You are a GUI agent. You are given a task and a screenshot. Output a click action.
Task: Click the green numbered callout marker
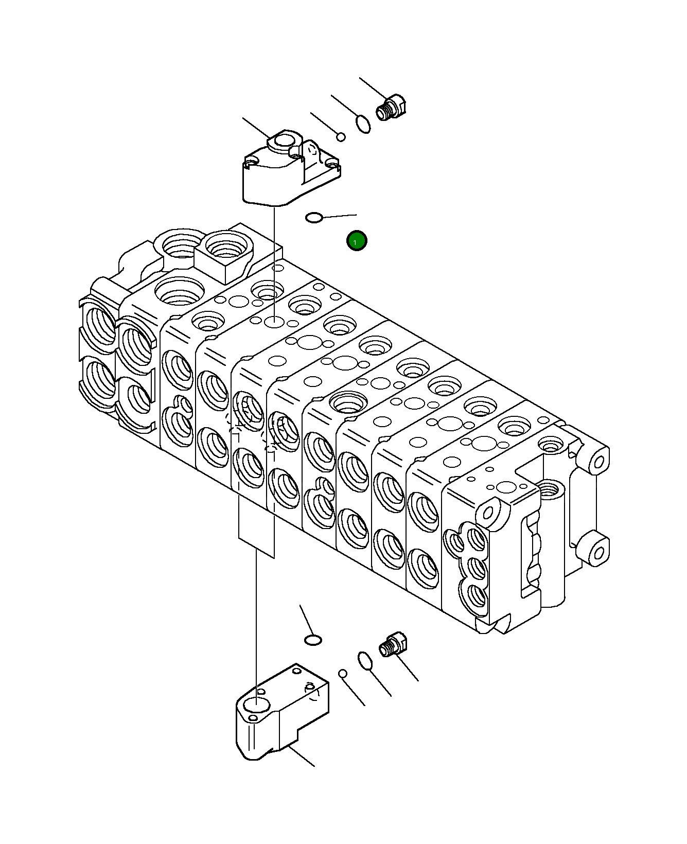point(357,240)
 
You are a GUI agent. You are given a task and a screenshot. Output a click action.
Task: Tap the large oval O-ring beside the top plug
point(363,124)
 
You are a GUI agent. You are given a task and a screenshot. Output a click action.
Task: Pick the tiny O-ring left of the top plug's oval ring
point(341,136)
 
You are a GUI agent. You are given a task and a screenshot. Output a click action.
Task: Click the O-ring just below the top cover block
point(314,218)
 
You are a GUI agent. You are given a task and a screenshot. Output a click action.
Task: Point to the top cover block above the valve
point(288,170)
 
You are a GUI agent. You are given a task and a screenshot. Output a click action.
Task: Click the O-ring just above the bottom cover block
point(313,640)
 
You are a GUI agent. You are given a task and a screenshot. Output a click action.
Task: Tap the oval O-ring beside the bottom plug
point(365,661)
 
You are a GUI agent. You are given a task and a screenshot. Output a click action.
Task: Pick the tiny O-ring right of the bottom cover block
point(343,674)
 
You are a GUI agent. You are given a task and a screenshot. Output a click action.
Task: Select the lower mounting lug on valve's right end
point(597,552)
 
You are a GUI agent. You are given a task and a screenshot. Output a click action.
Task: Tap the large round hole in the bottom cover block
point(255,705)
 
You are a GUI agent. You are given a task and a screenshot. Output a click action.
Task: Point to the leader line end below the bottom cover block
point(314,766)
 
